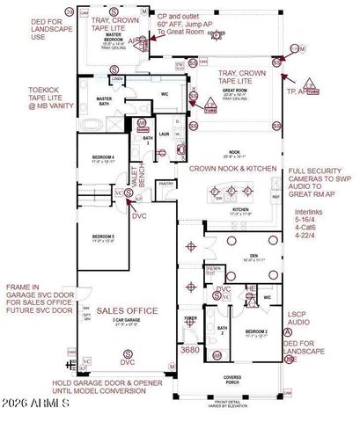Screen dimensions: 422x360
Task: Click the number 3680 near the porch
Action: pyautogui.click(x=190, y=350)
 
